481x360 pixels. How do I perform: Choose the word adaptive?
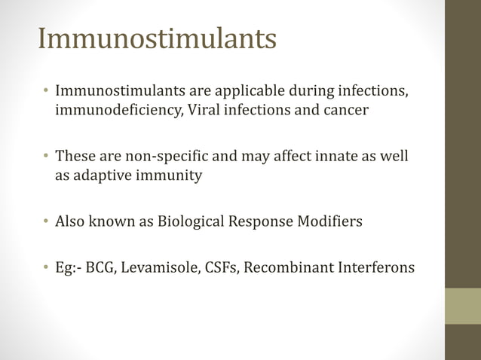pos(100,175)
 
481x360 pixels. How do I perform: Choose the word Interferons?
pos(373,267)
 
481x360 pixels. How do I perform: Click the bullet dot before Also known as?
pos(46,222)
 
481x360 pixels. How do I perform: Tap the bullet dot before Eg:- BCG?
pos(46,267)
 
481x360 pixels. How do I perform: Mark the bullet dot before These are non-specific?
pos(46,157)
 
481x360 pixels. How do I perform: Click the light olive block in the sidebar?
pos(462,306)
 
